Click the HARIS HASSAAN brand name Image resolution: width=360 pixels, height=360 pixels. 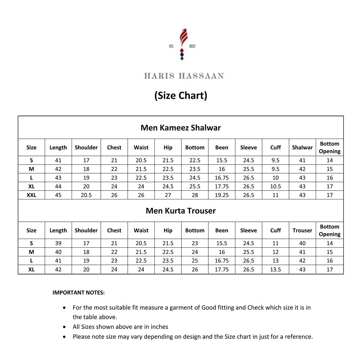pos(184,76)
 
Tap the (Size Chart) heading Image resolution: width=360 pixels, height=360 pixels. pos(181,95)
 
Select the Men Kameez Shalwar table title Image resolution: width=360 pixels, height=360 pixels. pos(181,127)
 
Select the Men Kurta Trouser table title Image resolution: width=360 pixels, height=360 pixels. pos(181,211)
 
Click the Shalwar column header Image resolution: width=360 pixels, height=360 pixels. pos(302,147)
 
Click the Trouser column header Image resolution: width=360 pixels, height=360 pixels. pos(302,230)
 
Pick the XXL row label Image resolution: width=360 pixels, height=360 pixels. pos(31,195)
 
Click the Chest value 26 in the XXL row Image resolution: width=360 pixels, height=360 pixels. pos(114,195)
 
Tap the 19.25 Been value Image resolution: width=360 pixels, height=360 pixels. pos(222,195)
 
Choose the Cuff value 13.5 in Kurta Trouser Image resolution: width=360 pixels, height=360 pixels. pos(275,269)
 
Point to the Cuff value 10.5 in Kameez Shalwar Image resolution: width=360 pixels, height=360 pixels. pos(275,186)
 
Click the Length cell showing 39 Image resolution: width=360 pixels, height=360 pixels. pos(58,243)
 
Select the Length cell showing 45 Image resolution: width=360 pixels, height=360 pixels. pos(58,195)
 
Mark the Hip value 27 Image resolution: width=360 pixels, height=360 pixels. pos(168,195)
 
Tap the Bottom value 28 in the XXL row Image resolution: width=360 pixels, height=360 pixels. pos(195,195)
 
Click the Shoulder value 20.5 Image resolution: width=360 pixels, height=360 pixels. pos(86,195)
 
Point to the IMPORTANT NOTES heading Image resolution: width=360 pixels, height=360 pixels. pos(78,293)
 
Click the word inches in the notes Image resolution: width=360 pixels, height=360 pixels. pos(159,327)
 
